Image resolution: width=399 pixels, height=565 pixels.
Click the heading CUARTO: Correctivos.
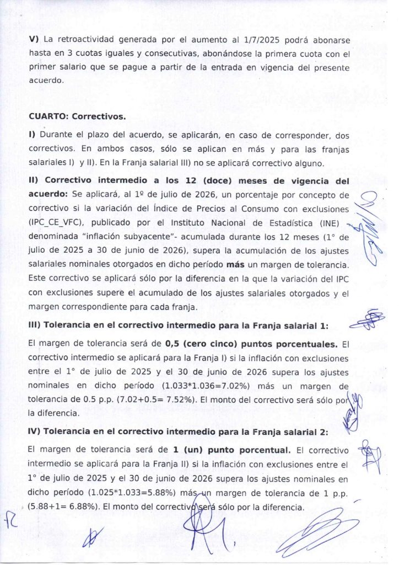(x=77, y=117)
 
